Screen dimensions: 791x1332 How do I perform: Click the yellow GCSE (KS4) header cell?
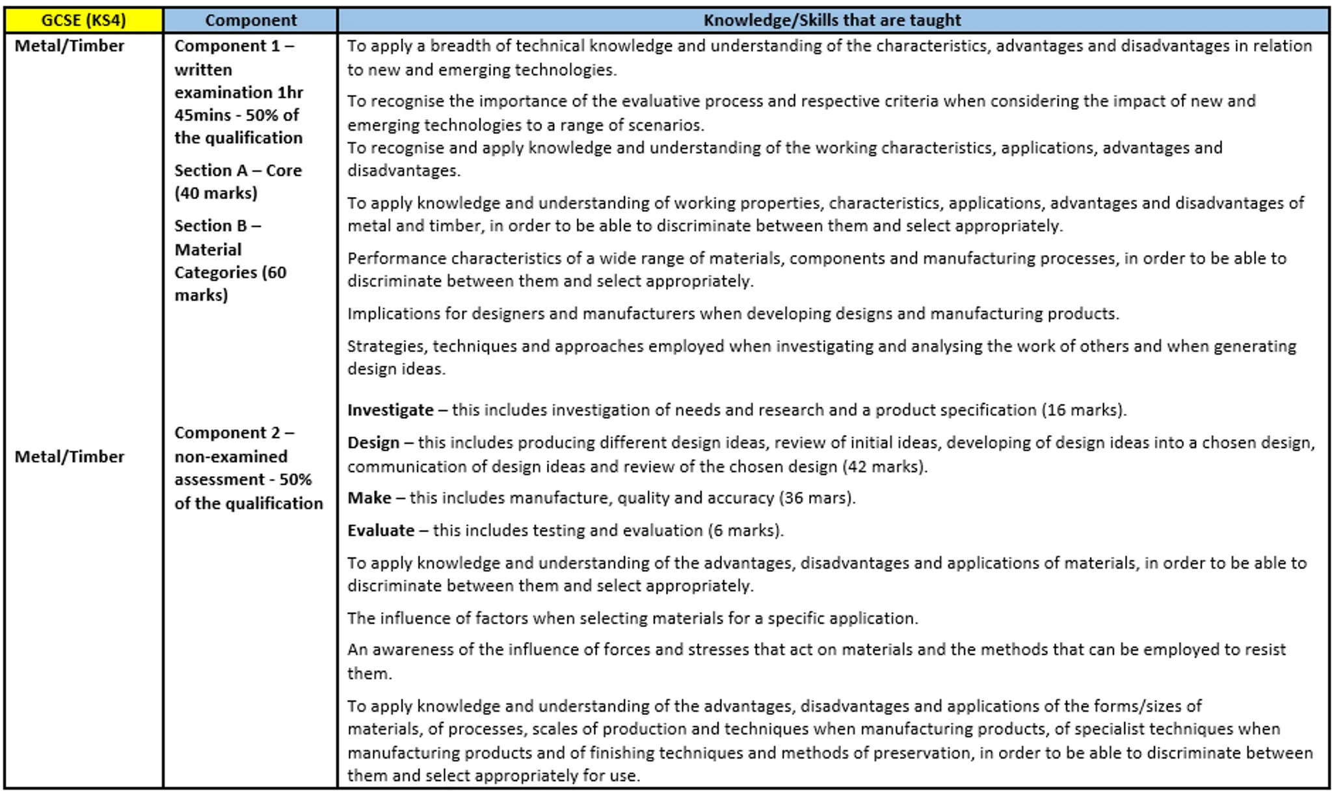pyautogui.click(x=83, y=20)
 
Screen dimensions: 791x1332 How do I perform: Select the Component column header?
pyautogui.click(x=250, y=20)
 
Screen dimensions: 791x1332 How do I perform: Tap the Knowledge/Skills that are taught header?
pyautogui.click(x=832, y=20)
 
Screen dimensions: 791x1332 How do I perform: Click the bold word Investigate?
pyautogui.click(x=390, y=410)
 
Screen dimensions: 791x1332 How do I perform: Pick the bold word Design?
pyautogui.click(x=373, y=443)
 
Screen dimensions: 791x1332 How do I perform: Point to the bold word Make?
pyautogui.click(x=369, y=498)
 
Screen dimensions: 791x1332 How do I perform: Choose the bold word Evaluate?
pyautogui.click(x=380, y=530)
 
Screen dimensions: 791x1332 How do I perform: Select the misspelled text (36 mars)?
pyautogui.click(x=816, y=498)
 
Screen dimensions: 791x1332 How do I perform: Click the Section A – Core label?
pyautogui.click(x=238, y=170)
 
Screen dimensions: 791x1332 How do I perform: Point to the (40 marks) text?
pyautogui.click(x=216, y=193)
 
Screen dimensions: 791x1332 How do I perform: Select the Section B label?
pyautogui.click(x=217, y=226)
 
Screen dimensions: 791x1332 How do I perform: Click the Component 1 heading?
pyautogui.click(x=234, y=46)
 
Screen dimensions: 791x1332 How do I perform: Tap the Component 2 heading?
pyautogui.click(x=234, y=433)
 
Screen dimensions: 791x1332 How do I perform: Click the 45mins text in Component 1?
pyautogui.click(x=202, y=115)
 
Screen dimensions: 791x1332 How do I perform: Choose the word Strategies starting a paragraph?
pyautogui.click(x=386, y=346)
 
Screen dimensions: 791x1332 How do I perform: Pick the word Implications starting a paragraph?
pyautogui.click(x=393, y=314)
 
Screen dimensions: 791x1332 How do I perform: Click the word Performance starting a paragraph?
pyautogui.click(x=397, y=258)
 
